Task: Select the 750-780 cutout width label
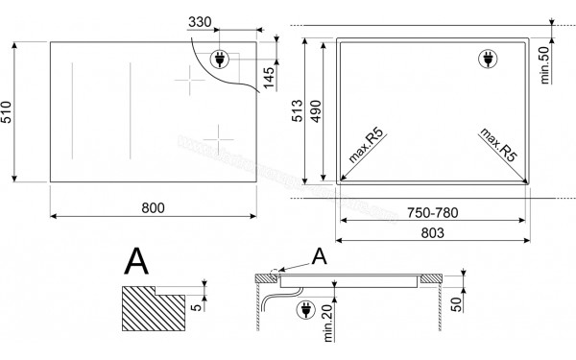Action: pyautogui.click(x=433, y=210)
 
